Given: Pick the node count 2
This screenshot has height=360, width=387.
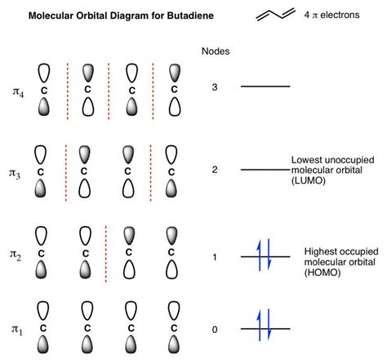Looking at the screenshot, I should [214, 170].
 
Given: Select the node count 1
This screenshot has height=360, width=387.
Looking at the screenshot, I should [214, 258].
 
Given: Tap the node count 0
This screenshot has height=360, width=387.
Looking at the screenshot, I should [214, 330].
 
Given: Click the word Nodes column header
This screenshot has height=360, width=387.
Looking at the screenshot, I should [215, 51].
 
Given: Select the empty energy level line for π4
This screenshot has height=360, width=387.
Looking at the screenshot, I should [265, 87].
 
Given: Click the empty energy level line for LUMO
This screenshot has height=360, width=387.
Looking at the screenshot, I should [265, 170].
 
